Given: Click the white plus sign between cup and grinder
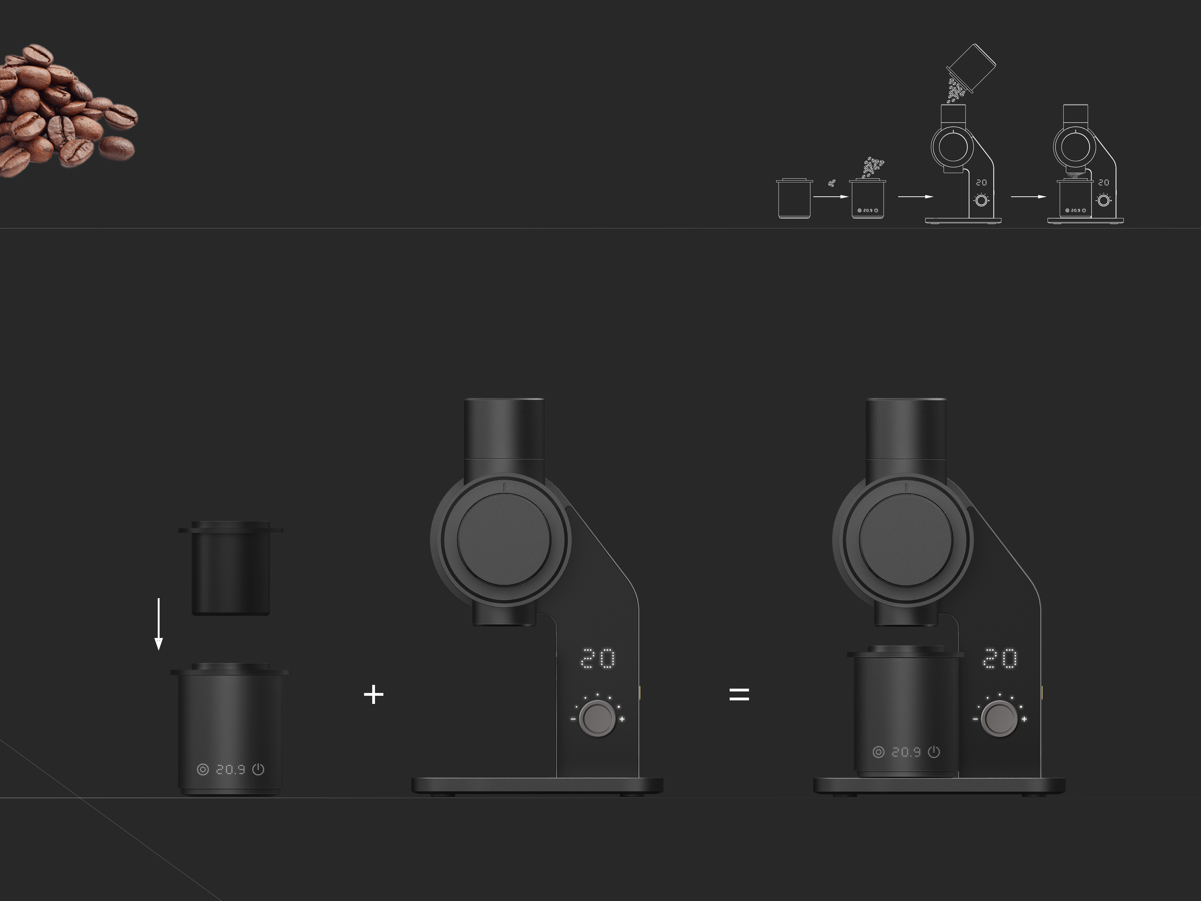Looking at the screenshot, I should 373,695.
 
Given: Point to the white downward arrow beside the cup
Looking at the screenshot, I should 159,625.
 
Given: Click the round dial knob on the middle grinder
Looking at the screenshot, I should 597,718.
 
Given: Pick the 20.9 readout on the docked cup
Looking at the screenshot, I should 906,752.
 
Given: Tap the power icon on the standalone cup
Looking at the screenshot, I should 259,770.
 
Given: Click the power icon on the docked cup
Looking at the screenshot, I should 934,752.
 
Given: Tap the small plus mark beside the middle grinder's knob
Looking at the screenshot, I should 622,719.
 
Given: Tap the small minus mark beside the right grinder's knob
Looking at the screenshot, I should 975,719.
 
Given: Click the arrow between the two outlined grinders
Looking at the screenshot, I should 1028,197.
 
